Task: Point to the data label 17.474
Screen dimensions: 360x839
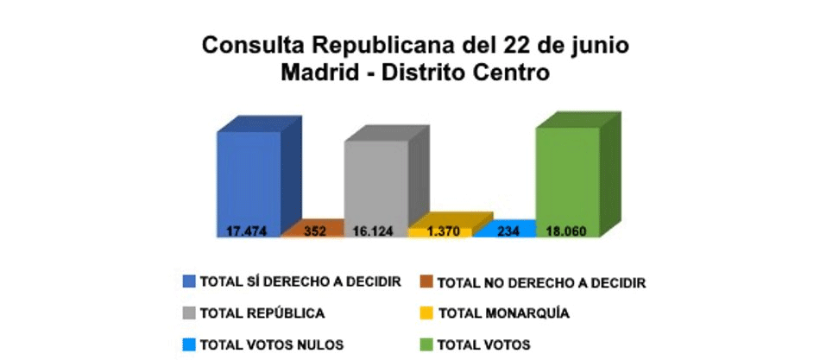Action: click(248, 231)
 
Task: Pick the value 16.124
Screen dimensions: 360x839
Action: click(375, 231)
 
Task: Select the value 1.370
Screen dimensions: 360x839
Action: click(439, 231)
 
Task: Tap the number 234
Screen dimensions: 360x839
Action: click(503, 231)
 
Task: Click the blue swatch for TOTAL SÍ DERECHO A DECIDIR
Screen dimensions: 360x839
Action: click(189, 281)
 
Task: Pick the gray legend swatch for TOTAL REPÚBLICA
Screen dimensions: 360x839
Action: click(189, 313)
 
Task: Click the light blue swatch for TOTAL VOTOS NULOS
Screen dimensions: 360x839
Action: click(189, 344)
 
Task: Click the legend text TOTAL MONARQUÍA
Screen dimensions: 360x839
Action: click(504, 313)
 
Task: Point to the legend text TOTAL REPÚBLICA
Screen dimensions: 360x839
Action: click(262, 313)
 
